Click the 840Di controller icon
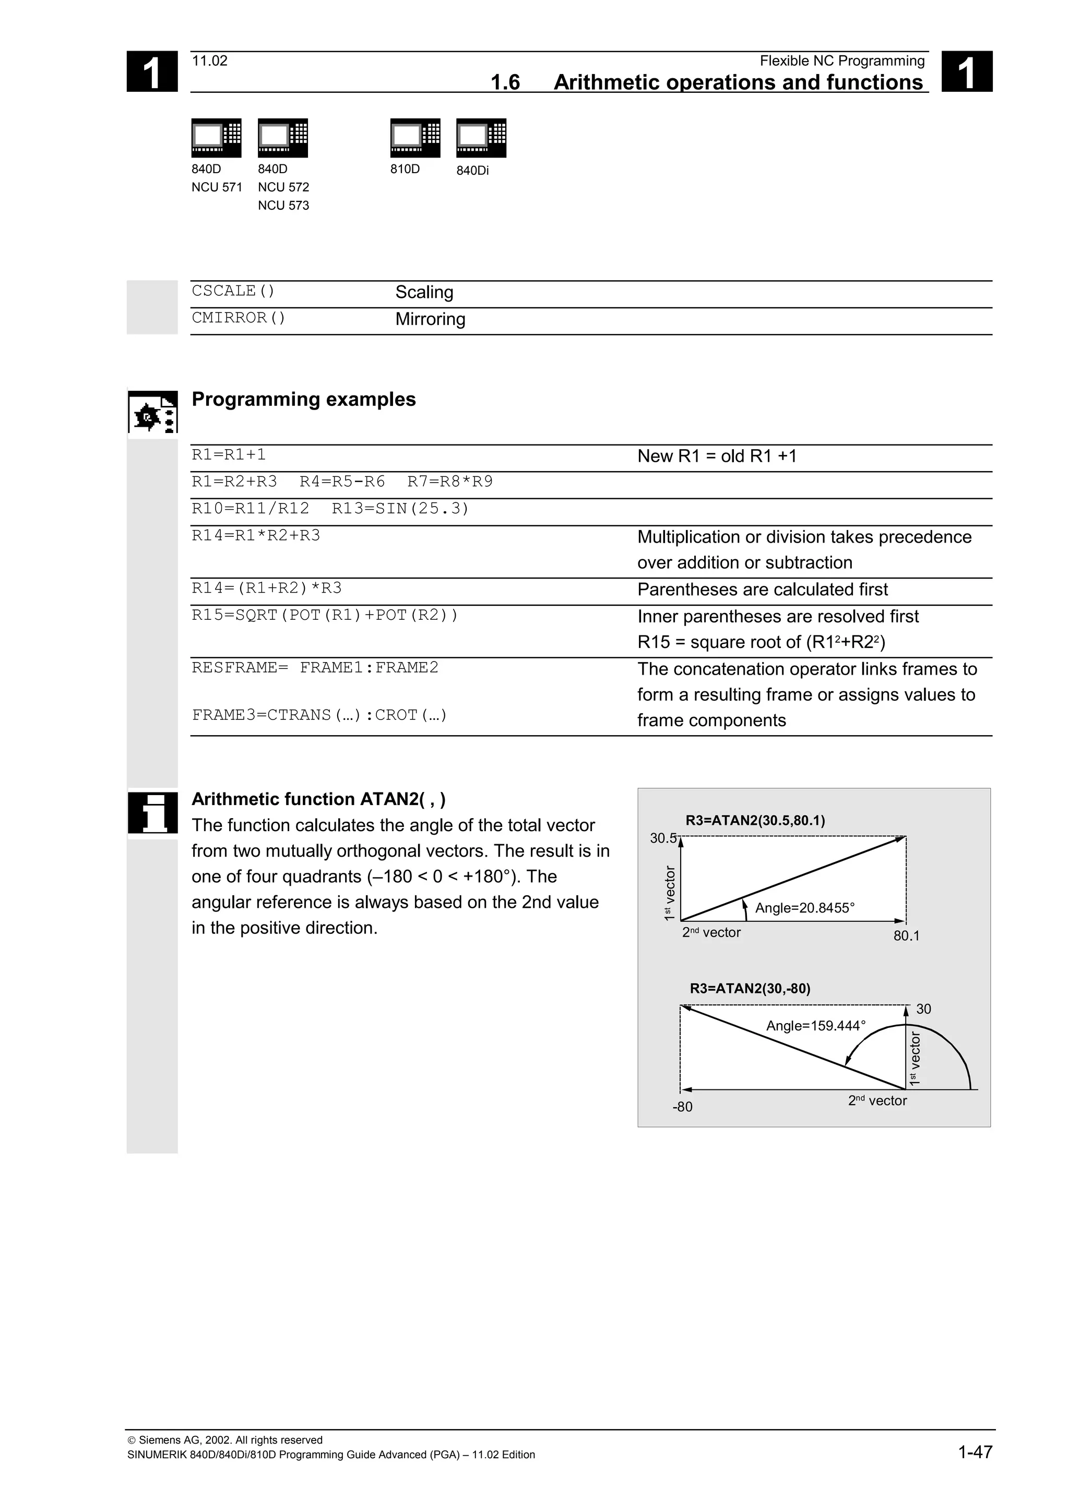point(481,138)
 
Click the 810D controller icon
point(415,138)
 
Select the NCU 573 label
point(283,206)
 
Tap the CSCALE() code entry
point(233,291)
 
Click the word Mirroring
point(430,319)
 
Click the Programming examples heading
point(304,399)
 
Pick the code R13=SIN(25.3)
point(400,508)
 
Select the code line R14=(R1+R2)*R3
point(267,588)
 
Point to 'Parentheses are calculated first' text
point(762,590)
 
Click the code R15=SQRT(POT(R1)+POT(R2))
point(325,615)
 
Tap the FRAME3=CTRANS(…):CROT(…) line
point(319,715)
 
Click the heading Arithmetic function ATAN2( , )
point(318,799)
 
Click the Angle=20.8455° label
point(804,908)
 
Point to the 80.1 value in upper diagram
point(906,936)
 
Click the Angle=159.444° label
point(815,1025)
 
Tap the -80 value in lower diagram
point(682,1107)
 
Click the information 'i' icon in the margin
point(153,813)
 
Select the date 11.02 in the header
point(209,61)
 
